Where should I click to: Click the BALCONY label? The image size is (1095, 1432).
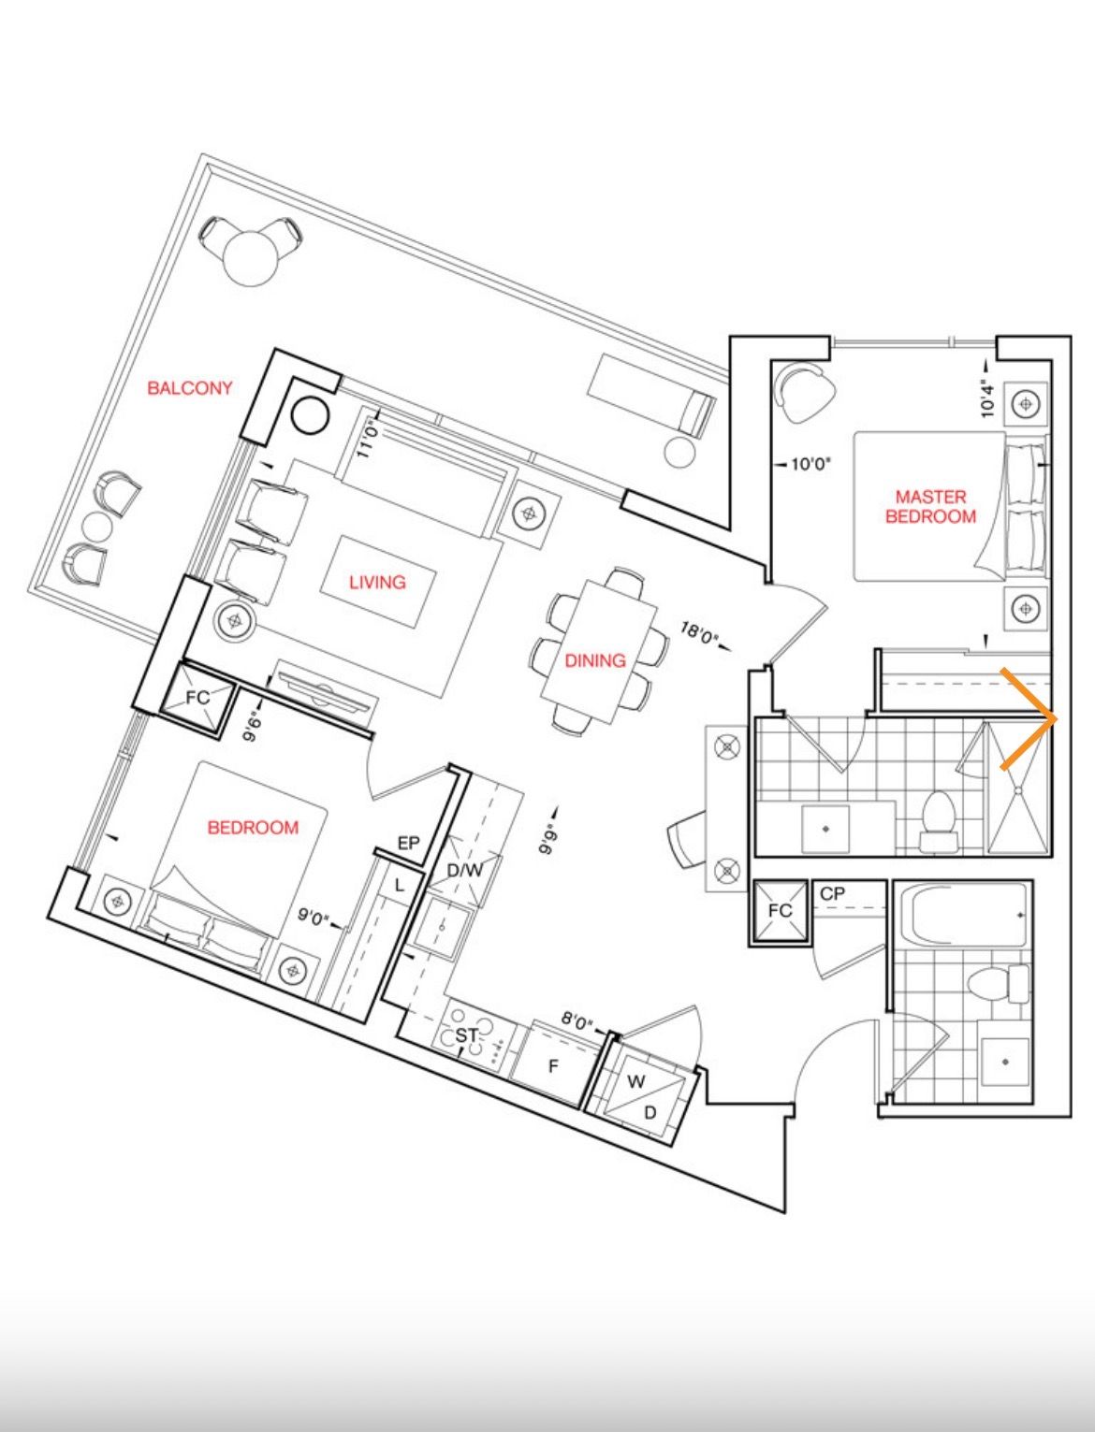189,388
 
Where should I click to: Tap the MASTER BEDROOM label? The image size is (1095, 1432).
930,506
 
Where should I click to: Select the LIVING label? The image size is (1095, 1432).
377,582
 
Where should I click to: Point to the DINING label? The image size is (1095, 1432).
595,660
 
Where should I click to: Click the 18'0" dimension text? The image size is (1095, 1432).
699,633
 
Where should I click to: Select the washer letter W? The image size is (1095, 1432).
635,1082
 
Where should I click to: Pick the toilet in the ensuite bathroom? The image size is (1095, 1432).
939,821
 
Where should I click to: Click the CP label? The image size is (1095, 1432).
833,894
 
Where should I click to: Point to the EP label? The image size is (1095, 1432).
408,844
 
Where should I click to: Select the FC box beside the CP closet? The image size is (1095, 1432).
781,911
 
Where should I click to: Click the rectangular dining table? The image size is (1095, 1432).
598,652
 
